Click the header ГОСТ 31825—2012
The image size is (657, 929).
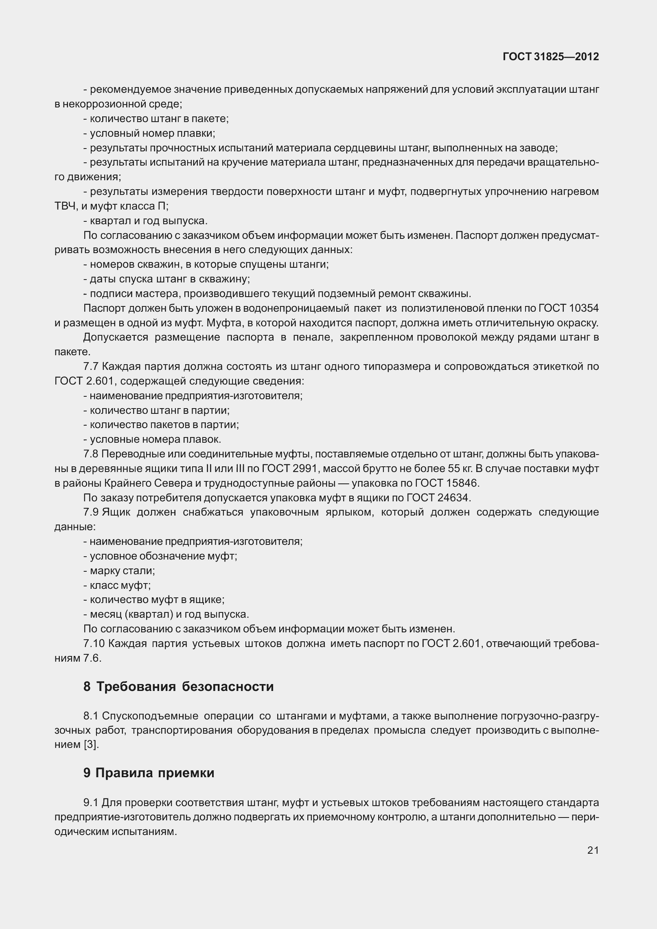click(x=551, y=57)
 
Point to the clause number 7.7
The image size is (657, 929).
click(x=91, y=367)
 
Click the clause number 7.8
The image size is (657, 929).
click(x=91, y=454)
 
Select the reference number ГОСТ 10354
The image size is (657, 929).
click(x=568, y=308)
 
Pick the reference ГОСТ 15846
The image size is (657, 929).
click(x=447, y=483)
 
